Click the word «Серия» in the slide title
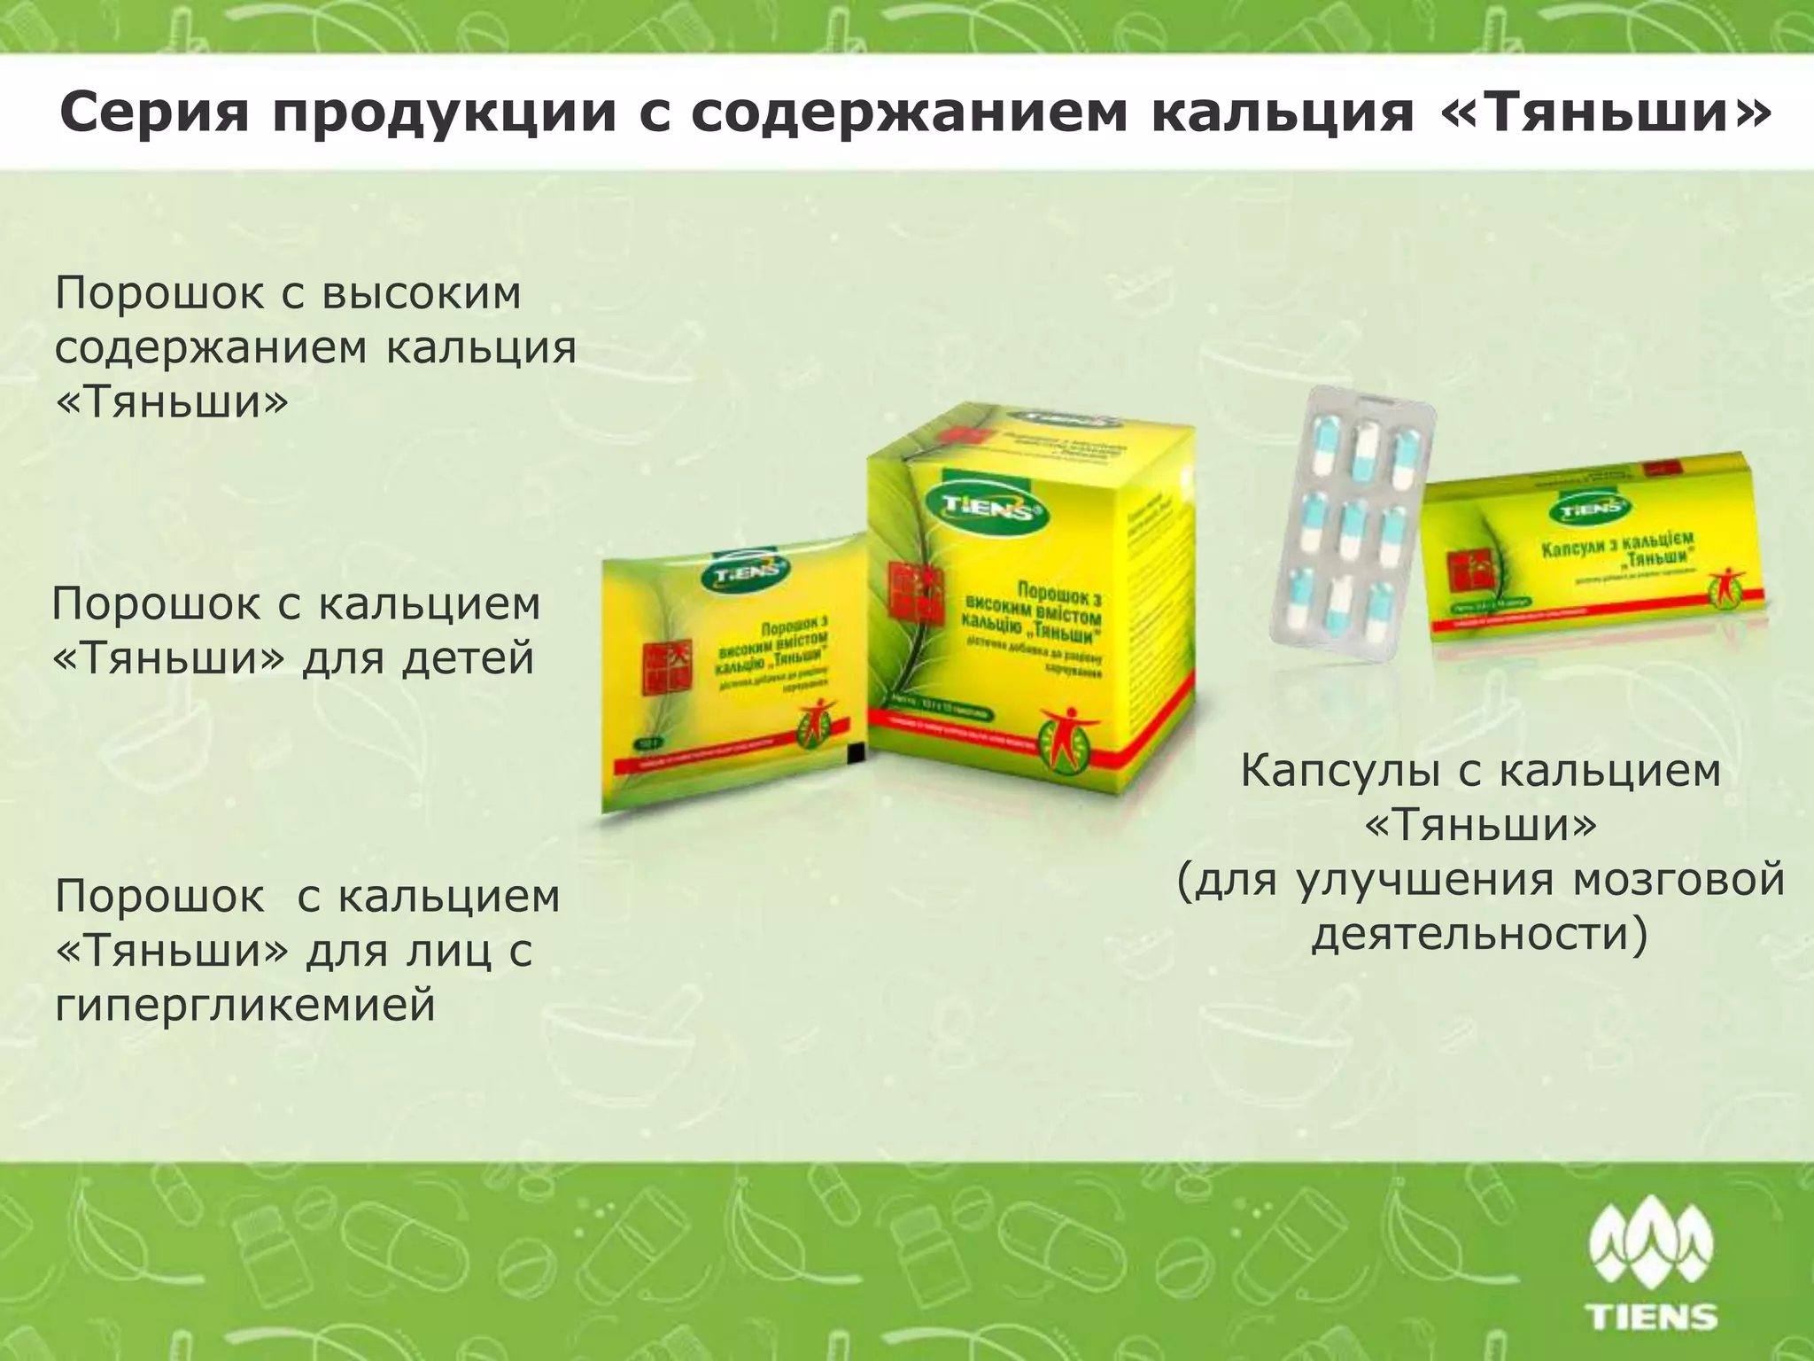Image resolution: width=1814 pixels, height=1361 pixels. tap(152, 113)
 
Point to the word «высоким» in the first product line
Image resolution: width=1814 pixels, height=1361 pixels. tap(422, 292)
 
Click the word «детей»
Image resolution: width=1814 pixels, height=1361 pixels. tap(468, 658)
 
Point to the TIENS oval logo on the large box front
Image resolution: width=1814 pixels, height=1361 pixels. tap(979, 509)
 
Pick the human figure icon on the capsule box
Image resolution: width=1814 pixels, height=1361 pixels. tap(1725, 584)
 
